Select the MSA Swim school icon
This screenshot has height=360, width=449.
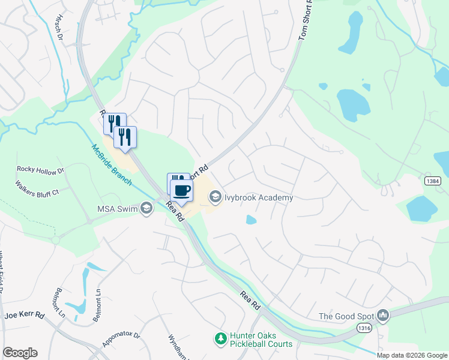coord(146,208)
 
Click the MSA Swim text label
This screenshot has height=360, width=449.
coord(116,209)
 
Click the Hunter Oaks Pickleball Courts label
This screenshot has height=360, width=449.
coord(262,340)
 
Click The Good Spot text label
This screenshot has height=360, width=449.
coord(346,316)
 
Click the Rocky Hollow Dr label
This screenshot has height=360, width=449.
coord(40,170)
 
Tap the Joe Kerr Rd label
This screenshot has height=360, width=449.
coord(25,315)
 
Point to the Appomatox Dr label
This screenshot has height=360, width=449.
coord(121,339)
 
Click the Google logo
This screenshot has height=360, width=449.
coord(20,353)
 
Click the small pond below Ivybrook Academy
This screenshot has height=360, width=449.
coord(251,220)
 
